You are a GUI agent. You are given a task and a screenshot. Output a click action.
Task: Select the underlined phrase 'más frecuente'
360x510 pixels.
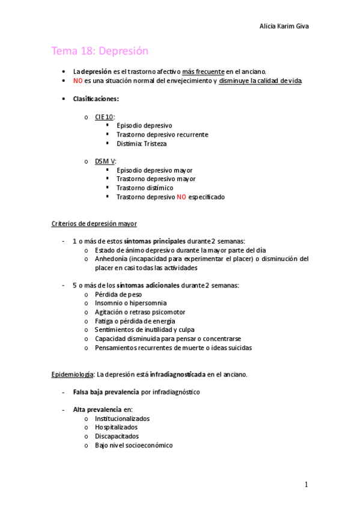[204, 71]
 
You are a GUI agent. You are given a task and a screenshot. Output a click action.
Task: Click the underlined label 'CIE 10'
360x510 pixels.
[105, 117]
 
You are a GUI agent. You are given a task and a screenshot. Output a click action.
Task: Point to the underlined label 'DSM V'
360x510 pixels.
[105, 161]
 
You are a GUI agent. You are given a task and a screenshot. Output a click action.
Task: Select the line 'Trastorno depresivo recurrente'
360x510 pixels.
[162, 135]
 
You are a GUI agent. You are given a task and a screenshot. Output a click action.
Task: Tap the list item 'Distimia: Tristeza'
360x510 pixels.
[141, 144]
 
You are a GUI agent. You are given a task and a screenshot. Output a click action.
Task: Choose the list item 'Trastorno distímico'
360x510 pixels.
[144, 188]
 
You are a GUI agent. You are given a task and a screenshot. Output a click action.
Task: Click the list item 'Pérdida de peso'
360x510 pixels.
[119, 294]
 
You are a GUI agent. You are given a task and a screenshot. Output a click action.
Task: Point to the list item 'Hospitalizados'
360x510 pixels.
[116, 427]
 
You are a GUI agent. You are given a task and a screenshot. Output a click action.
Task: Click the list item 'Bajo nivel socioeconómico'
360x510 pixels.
[133, 445]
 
